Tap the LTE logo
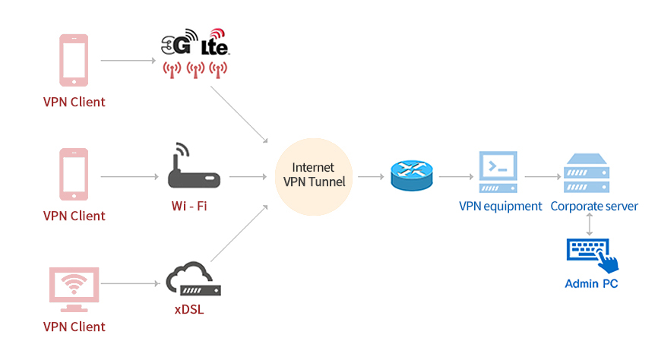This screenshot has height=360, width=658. (x=215, y=42)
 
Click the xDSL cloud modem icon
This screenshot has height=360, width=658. (x=194, y=279)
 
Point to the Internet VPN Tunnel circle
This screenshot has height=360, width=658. (x=314, y=177)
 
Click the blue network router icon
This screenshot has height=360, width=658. (x=412, y=175)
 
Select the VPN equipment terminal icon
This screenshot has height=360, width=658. (x=498, y=172)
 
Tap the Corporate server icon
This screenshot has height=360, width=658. (x=587, y=173)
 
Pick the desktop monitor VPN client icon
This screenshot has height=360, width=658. (x=74, y=289)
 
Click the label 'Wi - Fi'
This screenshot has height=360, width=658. (x=189, y=206)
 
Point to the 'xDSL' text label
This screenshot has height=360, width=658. (x=189, y=310)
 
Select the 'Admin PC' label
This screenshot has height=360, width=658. (x=591, y=284)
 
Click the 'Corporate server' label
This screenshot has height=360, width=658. (x=594, y=207)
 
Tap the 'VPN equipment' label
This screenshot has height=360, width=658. (x=501, y=207)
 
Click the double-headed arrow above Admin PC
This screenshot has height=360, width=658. (x=589, y=225)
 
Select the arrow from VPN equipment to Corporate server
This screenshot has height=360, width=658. (x=543, y=177)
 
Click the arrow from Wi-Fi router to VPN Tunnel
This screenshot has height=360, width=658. (x=248, y=177)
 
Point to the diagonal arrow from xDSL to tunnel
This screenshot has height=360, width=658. (x=239, y=233)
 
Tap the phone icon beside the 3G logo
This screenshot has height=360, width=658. (x=74, y=61)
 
